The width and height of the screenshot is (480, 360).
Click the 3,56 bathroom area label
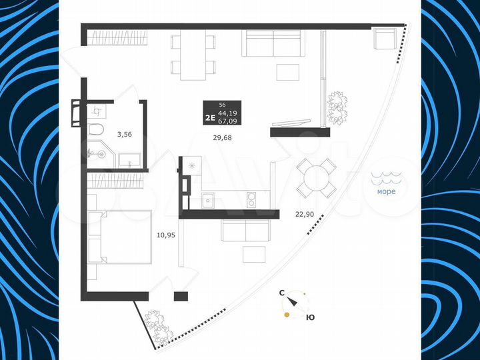tap(124, 134)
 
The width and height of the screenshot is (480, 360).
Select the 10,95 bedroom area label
tap(165, 235)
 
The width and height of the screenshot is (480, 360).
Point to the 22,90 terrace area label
tap(305, 214)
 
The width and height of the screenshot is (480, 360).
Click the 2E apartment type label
tap(209, 117)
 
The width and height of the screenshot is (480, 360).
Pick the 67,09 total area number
tap(227, 121)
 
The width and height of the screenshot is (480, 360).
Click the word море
tap(386, 192)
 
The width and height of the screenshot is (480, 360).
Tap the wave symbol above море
tap(385, 178)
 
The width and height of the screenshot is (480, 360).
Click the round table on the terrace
tap(317, 177)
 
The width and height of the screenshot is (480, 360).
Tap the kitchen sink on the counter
tap(207, 199)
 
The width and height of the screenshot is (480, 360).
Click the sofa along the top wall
tap(273, 45)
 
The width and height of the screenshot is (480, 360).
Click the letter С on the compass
tap(282, 293)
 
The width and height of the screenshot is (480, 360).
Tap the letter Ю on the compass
tap(310, 317)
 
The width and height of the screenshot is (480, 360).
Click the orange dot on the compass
tap(287, 316)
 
